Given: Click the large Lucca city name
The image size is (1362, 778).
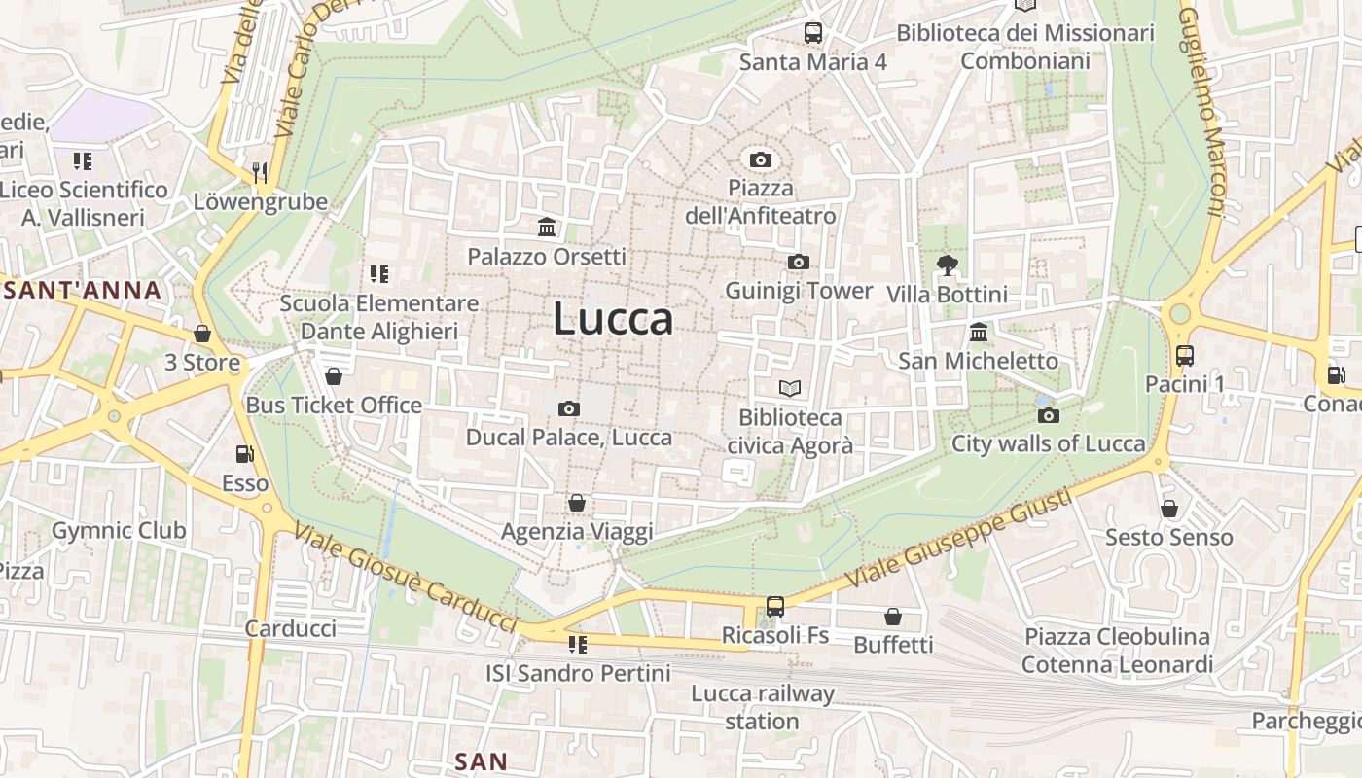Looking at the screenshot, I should (x=613, y=319).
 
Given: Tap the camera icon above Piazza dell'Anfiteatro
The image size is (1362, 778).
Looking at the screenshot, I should (x=761, y=159).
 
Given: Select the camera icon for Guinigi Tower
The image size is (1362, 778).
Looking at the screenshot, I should (x=798, y=263).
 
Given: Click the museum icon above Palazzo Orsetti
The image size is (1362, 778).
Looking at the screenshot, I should (x=547, y=228).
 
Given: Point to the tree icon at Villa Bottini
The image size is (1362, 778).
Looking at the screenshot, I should (x=947, y=265).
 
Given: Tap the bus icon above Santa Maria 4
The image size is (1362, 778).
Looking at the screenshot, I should (x=813, y=33).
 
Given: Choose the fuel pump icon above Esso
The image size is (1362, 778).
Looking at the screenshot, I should (x=245, y=454).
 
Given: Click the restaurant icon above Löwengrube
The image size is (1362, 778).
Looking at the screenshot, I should (x=259, y=173).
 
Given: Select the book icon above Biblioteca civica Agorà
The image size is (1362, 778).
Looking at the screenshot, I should (x=790, y=389).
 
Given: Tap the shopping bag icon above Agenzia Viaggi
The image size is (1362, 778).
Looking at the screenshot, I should (x=577, y=503).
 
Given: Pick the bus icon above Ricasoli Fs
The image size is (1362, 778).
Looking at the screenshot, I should (x=775, y=607).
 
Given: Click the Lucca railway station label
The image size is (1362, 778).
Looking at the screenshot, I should (x=763, y=707).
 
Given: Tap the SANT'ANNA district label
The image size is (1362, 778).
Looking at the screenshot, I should (x=82, y=290).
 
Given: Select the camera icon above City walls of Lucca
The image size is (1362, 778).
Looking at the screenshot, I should (x=1048, y=416).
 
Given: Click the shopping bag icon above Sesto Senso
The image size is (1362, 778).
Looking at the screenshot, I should (x=1168, y=509).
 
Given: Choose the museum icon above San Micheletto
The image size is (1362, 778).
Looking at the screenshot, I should (x=979, y=333).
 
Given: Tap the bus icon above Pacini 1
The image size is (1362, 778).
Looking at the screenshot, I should (x=1184, y=356).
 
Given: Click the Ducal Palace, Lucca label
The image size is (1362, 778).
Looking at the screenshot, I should (x=569, y=438).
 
